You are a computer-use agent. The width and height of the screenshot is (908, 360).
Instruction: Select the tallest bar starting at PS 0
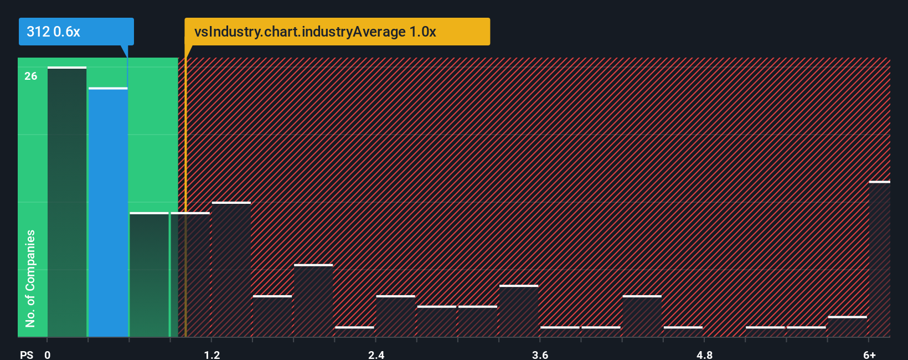point(67,202)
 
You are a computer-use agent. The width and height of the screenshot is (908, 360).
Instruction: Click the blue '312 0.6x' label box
point(76,32)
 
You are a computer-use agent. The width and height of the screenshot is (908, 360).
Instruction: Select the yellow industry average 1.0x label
point(337,32)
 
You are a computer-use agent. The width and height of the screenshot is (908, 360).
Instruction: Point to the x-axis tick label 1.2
point(211,354)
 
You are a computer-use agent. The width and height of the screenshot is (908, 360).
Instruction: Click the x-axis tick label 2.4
point(376,354)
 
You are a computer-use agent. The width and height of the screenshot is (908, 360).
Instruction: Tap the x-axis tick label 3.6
point(540,354)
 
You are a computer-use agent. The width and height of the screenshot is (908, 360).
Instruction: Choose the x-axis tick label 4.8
point(704,354)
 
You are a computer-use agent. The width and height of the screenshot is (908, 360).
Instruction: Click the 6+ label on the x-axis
point(869,354)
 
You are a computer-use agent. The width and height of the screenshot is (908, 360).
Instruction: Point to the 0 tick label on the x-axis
point(48,354)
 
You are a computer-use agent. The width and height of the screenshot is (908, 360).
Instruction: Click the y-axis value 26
point(31,76)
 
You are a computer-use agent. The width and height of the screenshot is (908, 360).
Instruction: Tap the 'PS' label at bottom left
point(27,354)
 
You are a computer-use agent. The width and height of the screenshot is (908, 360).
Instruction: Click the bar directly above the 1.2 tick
point(231,269)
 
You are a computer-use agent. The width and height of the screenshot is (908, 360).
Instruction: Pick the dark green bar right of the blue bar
point(149,275)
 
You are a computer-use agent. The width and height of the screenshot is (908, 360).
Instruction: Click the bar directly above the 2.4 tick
point(395,316)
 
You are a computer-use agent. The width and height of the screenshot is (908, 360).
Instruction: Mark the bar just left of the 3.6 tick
point(519,311)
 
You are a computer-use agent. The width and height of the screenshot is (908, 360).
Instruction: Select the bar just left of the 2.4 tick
point(354,332)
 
